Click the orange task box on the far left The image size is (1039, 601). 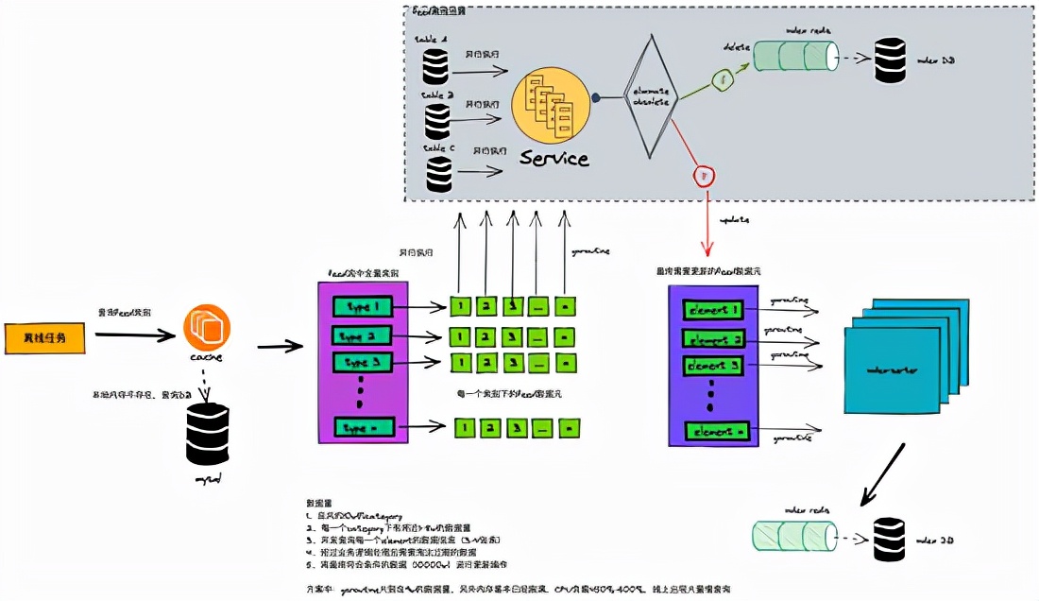point(43,337)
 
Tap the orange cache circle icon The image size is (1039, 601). point(207,327)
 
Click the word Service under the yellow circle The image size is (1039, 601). point(554,158)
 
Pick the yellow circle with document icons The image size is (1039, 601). point(551,112)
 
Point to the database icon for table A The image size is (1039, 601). point(435,65)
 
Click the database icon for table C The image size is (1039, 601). point(437,174)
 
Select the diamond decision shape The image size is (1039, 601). point(650,96)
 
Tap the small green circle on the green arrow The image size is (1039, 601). point(724,81)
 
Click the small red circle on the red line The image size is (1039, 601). point(703,175)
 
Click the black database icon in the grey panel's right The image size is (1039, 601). point(889,60)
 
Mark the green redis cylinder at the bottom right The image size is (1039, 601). point(794,536)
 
